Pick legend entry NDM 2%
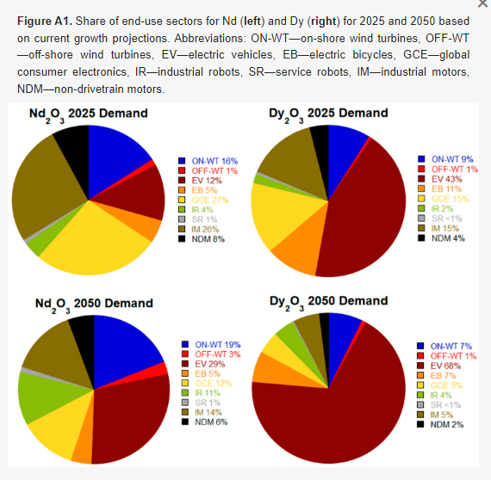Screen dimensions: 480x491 pyautogui.click(x=447, y=425)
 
